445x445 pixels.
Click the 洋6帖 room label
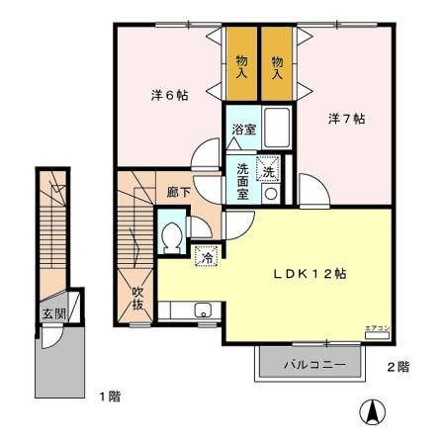(169, 95)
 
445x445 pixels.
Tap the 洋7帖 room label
(347, 119)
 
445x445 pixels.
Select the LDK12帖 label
(309, 274)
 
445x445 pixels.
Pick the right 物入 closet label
(278, 66)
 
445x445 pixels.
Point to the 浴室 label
(244, 130)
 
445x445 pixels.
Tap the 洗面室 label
(242, 181)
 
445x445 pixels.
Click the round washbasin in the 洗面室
(270, 194)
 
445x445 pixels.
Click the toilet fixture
(171, 236)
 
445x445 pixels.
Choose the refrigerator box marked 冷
(207, 256)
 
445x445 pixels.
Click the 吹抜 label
(138, 298)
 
